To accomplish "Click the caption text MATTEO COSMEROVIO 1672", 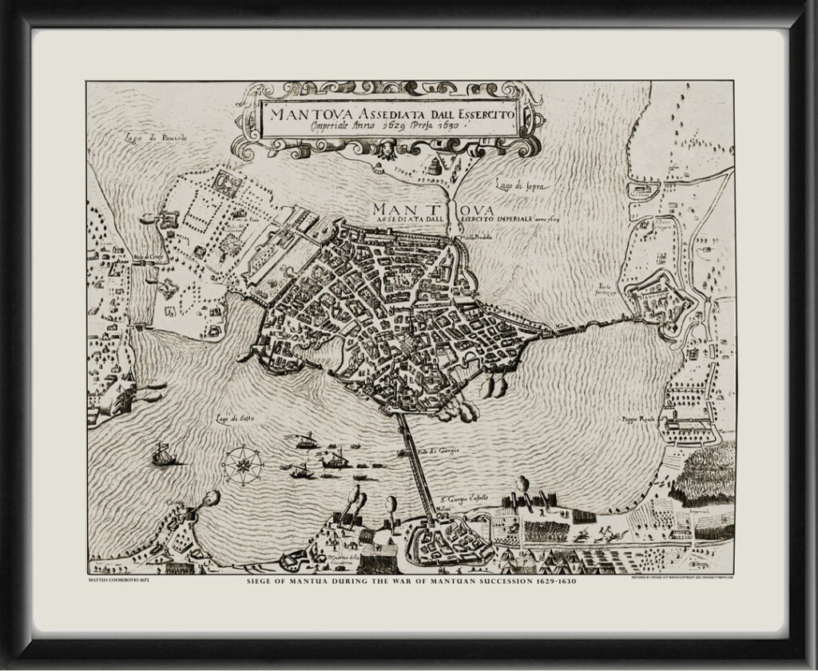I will point(116,579).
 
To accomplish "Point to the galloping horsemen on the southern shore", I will point(595,533).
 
